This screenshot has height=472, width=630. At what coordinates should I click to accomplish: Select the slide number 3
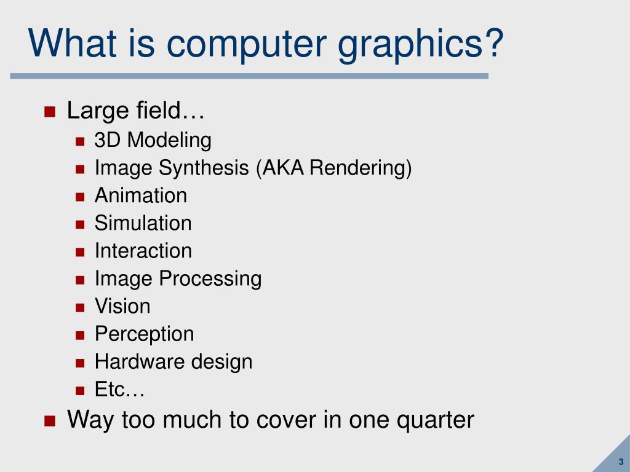click(x=621, y=462)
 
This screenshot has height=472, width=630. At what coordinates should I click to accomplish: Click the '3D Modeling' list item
click(x=153, y=140)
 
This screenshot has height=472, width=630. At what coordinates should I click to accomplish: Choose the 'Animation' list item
click(x=140, y=195)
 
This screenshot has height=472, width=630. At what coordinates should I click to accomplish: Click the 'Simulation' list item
click(x=143, y=223)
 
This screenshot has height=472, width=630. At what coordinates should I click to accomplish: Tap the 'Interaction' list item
click(x=143, y=251)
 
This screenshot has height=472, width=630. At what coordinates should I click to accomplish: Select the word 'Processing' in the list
click(x=210, y=278)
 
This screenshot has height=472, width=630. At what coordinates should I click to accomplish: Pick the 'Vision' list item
click(x=122, y=306)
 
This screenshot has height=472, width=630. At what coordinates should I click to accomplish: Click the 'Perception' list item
click(x=144, y=334)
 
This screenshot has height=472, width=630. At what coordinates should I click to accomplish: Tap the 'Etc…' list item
click(x=119, y=389)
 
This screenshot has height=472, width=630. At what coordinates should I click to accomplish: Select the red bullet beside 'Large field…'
click(x=50, y=112)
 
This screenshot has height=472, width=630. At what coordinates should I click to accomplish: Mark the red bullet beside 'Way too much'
click(x=50, y=420)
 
